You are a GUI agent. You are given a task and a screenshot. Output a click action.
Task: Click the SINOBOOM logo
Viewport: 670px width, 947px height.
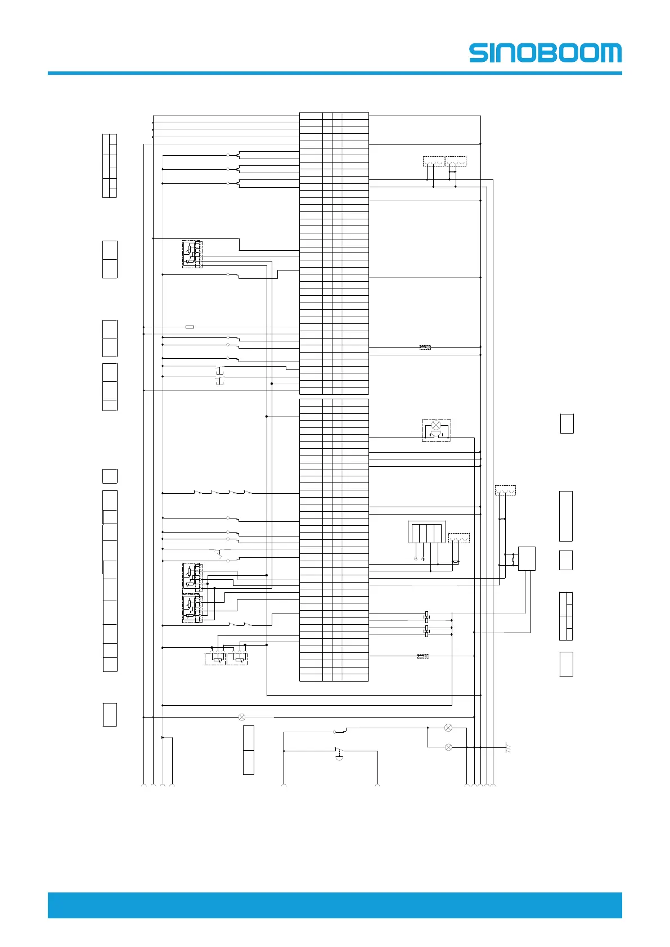[545, 53]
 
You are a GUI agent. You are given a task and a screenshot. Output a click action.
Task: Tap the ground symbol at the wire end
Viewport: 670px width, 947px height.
[507, 747]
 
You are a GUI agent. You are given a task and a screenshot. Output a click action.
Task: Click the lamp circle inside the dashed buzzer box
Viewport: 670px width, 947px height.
[435, 425]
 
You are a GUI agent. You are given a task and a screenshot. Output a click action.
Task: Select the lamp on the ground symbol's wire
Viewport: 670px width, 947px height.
[448, 747]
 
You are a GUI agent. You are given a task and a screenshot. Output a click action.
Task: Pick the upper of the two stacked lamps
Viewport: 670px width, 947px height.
[448, 728]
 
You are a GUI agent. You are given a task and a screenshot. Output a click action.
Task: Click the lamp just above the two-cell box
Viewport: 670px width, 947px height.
[242, 717]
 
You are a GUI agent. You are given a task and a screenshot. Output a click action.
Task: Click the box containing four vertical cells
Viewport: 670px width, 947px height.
[426, 531]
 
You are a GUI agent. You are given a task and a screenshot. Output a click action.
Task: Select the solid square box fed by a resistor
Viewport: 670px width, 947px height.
[527, 558]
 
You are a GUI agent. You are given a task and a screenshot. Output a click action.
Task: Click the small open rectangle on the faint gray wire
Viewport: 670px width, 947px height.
[190, 327]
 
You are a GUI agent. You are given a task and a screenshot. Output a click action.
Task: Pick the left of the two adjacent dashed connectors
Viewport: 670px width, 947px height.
[433, 161]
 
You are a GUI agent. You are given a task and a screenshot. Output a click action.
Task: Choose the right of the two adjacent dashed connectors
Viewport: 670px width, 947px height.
[456, 161]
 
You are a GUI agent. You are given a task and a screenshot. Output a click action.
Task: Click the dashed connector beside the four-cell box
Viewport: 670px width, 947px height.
[458, 538]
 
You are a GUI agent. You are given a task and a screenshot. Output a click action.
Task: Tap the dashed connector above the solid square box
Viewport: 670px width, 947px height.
[505, 490]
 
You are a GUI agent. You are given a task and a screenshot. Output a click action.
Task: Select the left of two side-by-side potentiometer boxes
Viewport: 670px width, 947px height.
[215, 659]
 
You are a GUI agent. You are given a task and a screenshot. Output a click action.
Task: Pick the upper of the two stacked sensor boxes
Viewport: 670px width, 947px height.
[192, 576]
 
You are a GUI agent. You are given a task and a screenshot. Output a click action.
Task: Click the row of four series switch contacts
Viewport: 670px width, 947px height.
[223, 493]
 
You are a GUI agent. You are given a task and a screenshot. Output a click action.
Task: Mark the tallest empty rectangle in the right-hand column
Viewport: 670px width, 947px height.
[566, 516]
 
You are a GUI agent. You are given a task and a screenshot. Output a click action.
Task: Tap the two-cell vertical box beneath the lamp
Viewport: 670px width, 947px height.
[248, 750]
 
